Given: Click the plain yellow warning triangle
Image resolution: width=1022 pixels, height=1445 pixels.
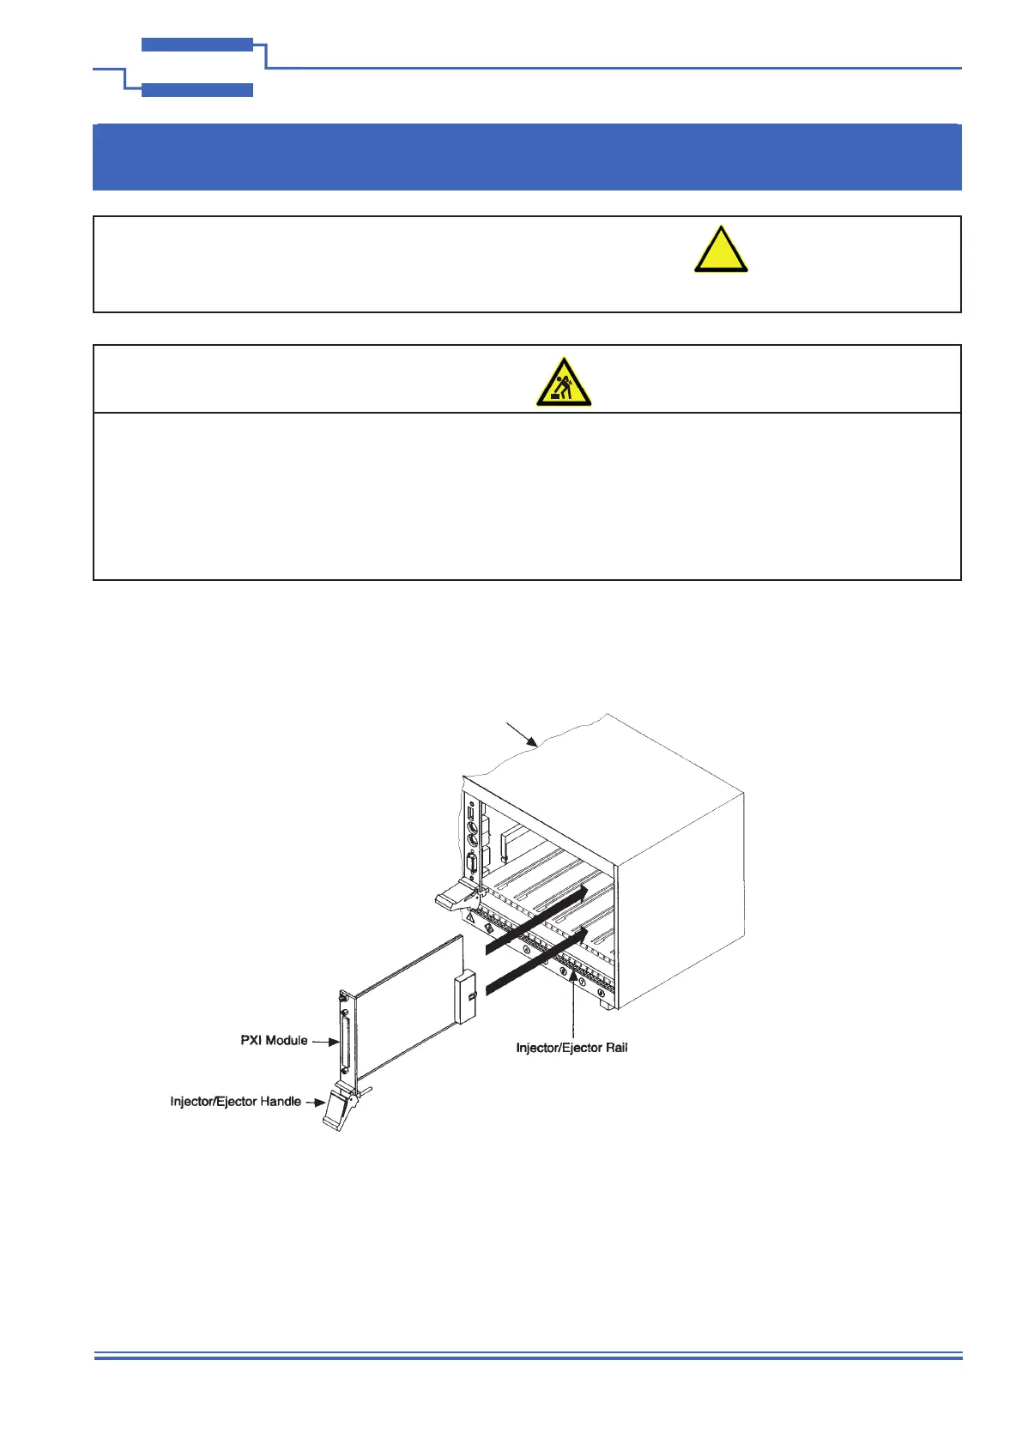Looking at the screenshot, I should click(x=721, y=251).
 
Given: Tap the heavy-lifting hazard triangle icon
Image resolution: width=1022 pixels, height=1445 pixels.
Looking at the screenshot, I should click(x=564, y=384).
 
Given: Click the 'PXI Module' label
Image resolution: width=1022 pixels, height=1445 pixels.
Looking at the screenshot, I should click(x=274, y=1040).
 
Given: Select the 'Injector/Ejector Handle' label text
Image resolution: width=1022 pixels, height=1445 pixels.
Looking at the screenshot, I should click(x=235, y=1101).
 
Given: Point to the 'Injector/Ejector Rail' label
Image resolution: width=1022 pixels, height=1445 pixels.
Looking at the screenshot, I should click(x=571, y=1048).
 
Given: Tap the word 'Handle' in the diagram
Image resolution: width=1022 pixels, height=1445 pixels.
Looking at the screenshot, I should click(x=280, y=1101).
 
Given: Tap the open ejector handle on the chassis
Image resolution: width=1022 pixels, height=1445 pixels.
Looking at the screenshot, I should click(x=455, y=898).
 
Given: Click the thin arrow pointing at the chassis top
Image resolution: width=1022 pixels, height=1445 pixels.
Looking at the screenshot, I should click(x=521, y=735).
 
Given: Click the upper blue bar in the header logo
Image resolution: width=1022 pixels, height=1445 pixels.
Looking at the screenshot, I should click(x=197, y=45).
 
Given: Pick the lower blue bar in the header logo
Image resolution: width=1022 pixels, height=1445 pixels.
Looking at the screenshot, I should click(x=197, y=90).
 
